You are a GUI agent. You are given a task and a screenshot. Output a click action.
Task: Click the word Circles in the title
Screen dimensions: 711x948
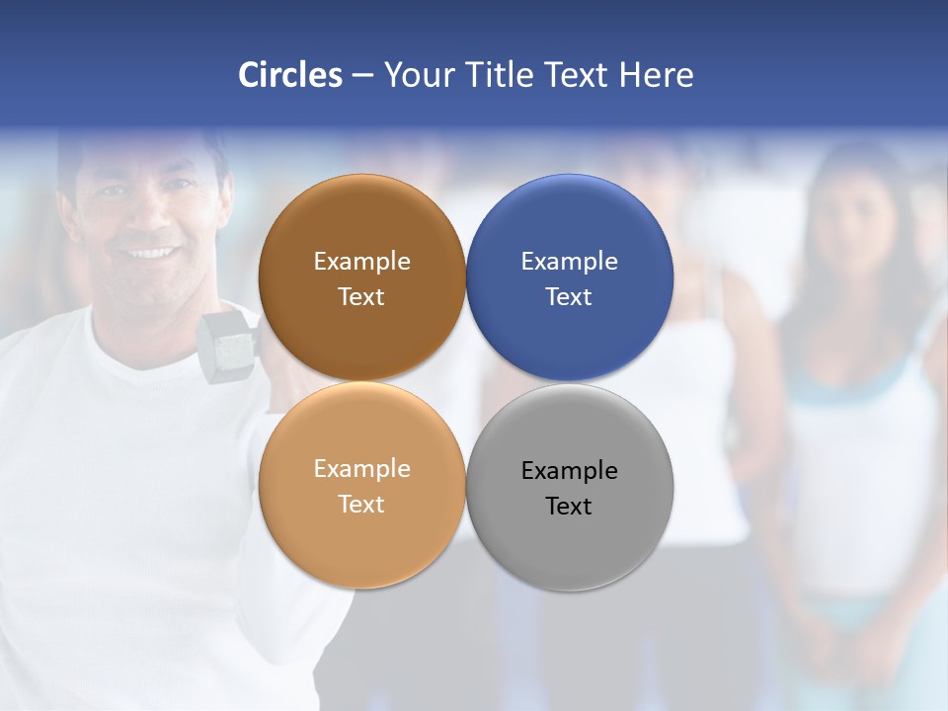290,75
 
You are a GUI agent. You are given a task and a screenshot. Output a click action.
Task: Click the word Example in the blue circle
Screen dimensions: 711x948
570,262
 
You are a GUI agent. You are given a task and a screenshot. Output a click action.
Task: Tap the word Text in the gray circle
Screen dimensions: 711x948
569,507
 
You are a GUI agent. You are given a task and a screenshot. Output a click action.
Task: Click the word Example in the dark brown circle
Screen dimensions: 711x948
361,262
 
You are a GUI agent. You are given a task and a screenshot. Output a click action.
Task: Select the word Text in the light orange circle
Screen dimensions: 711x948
361,505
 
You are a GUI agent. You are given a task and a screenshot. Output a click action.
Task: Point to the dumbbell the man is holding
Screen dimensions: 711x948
227,342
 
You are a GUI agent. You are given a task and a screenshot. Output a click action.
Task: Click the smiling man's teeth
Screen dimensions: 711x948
150,253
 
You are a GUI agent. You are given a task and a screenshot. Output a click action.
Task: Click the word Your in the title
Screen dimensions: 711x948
416,75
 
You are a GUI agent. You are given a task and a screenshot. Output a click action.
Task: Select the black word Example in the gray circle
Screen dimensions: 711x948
570,471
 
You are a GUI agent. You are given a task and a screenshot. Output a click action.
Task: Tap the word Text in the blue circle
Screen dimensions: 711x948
569,297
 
